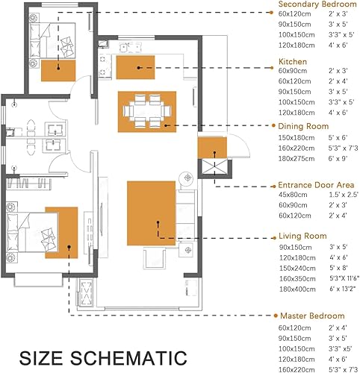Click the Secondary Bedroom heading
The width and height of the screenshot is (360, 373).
(317, 4)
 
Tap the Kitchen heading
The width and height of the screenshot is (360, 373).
(293, 61)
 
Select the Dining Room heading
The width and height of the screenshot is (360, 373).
(303, 126)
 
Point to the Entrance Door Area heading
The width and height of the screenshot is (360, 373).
(316, 185)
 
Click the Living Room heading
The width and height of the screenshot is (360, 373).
(302, 236)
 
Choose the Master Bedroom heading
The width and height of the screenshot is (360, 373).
(312, 316)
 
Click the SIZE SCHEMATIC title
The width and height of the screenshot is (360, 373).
(103, 358)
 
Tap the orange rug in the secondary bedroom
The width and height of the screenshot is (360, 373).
(58, 71)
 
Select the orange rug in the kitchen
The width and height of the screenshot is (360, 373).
(135, 67)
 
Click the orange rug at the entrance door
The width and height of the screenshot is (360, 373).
(212, 148)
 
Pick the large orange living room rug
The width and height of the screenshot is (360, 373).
(152, 213)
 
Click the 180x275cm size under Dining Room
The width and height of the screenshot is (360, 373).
(297, 158)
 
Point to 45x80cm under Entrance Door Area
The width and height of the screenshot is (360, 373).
(293, 195)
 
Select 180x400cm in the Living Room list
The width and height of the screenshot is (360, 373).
(297, 289)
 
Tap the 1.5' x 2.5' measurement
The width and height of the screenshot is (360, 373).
(344, 195)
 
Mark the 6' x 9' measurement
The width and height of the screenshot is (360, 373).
(338, 158)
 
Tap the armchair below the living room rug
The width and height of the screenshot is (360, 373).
(155, 259)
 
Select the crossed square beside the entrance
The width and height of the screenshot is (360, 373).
(214, 167)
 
